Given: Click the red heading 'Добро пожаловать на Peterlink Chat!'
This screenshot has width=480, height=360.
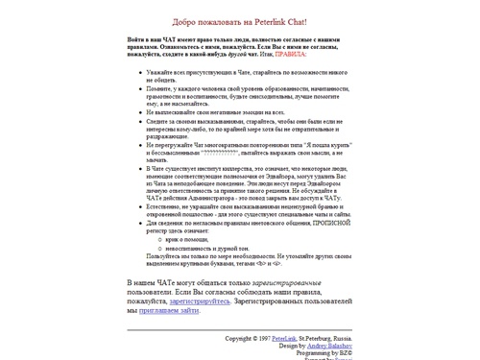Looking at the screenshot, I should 240,21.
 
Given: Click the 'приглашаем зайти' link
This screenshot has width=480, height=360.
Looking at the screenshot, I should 169,310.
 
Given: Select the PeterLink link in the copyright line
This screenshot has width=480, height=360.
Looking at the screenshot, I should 284,339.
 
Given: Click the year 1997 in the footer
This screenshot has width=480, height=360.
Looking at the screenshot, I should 262,339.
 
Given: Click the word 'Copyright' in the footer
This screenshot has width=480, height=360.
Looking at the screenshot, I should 239,339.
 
